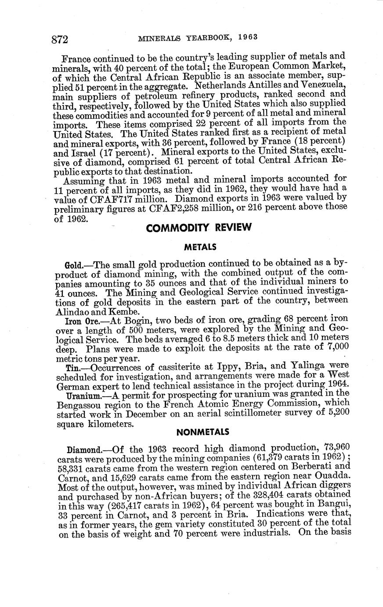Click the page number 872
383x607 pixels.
point(59,40)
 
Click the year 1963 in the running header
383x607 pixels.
point(245,37)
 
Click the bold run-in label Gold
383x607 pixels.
point(72,266)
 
